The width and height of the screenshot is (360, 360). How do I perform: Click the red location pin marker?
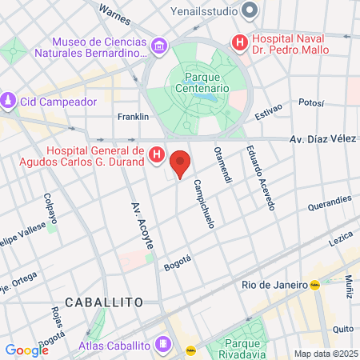(x=181, y=163)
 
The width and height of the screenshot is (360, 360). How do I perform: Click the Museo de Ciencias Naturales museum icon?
(x=159, y=47)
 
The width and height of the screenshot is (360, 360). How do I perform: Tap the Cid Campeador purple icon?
(x=9, y=102)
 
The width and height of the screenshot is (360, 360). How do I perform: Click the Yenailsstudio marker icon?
(x=250, y=11)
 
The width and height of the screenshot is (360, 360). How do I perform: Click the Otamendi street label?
(x=222, y=163)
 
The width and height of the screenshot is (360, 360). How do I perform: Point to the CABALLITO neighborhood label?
(x=104, y=302)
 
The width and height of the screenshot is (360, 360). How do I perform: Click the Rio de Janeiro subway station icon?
(x=316, y=284)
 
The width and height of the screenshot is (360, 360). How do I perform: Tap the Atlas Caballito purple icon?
(x=163, y=345)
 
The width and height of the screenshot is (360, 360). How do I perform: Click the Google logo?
(x=26, y=350)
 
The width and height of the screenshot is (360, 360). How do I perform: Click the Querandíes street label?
(x=330, y=201)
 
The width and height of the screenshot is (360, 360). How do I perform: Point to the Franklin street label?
(x=133, y=116)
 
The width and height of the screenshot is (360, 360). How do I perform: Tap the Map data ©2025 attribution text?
(x=325, y=354)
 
